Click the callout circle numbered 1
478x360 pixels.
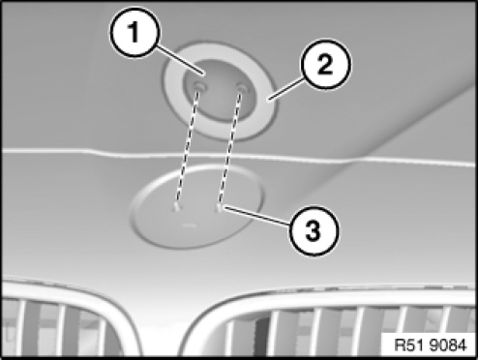(134, 32)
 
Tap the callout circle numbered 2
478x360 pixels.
(326, 65)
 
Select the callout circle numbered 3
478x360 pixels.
(314, 231)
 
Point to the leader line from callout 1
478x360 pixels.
(181, 60)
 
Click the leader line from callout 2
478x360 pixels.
(285, 89)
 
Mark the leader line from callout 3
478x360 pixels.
(255, 217)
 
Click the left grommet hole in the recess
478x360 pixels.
(198, 87)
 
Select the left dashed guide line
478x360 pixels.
(187, 148)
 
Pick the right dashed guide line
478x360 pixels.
(230, 149)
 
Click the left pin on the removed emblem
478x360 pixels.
(176, 207)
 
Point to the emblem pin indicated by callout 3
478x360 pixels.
(219, 208)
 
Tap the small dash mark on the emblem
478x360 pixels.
(189, 225)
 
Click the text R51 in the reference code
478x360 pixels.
(409, 345)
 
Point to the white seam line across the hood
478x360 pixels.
(239, 156)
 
